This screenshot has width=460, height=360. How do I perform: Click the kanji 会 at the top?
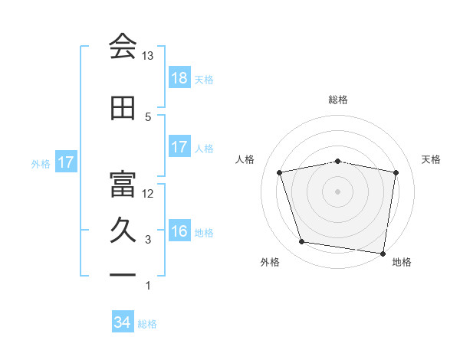(x=123, y=46)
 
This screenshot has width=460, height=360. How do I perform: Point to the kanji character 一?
(x=123, y=273)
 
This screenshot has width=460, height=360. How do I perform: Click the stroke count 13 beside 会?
(x=148, y=56)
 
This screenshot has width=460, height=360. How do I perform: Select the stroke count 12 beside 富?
(x=148, y=193)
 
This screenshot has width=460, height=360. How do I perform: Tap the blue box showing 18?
(x=179, y=78)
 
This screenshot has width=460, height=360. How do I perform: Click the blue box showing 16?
(x=179, y=232)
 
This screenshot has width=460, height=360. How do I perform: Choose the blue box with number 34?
(x=123, y=323)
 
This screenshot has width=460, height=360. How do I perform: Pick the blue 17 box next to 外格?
(x=65, y=163)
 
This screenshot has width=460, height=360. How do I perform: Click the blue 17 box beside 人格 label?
(x=179, y=148)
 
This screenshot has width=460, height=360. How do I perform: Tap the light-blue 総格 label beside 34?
(x=147, y=324)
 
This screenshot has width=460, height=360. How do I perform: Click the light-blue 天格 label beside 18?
(x=204, y=79)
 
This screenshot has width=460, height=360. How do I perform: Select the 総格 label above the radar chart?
(x=338, y=100)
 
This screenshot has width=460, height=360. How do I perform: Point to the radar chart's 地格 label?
(x=402, y=262)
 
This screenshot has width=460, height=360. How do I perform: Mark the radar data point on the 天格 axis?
(x=396, y=172)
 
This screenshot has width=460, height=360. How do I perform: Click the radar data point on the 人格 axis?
(x=280, y=172)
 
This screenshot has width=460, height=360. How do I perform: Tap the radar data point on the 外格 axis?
(x=302, y=242)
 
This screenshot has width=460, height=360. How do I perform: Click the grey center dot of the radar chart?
(x=338, y=191)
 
